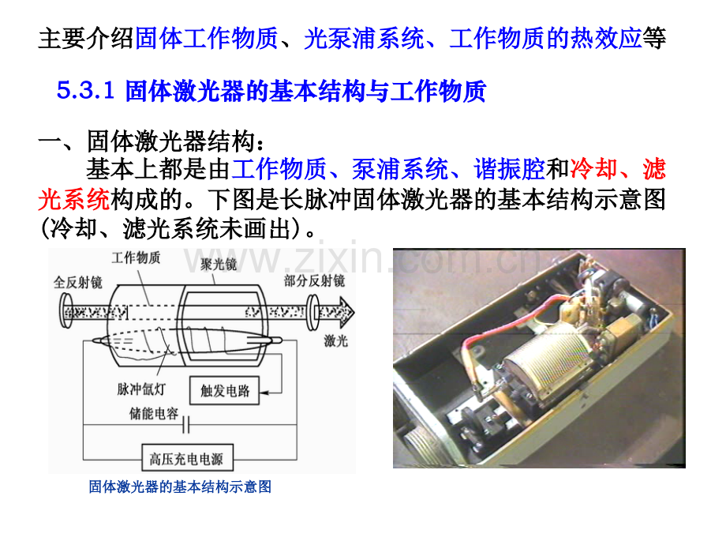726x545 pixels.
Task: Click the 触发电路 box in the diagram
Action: [x=225, y=391]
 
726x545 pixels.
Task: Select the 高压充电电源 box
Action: [x=187, y=458]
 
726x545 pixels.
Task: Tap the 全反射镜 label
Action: [x=78, y=282]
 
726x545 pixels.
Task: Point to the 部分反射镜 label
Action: [x=314, y=280]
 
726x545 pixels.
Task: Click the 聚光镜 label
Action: [x=218, y=264]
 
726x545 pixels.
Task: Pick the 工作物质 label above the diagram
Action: [x=136, y=257]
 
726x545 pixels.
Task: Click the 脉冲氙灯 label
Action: [x=142, y=389]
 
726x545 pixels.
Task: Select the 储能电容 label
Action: [x=154, y=413]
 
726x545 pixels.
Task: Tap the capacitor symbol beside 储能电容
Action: [x=186, y=424]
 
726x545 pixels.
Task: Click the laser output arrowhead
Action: [x=346, y=311]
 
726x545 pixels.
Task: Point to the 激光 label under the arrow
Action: [x=335, y=341]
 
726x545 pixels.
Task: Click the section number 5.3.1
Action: [x=86, y=90]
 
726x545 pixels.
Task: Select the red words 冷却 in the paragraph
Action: [x=593, y=169]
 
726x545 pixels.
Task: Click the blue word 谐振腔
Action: [x=509, y=169]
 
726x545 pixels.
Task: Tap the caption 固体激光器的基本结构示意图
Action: [x=180, y=487]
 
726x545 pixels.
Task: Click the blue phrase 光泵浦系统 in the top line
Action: [x=364, y=38]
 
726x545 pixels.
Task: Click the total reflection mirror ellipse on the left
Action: [x=65, y=311]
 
